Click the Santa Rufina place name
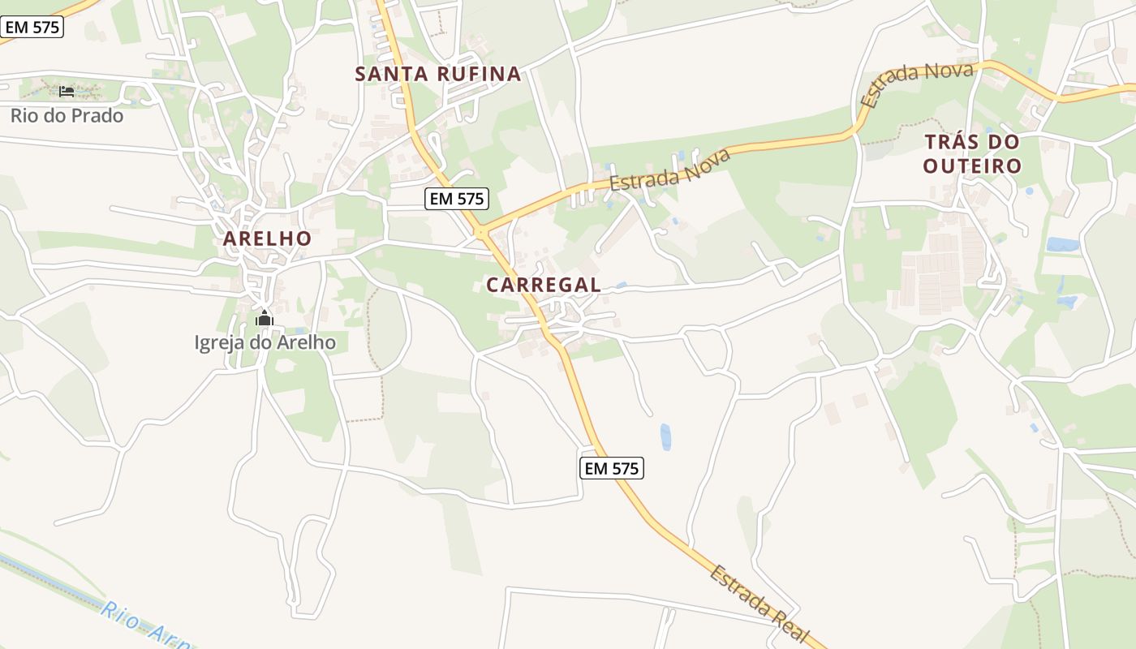437,74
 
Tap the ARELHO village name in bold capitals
267,239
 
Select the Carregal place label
544,285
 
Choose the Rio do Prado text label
67,115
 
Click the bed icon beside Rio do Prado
67,91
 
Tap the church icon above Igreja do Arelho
264,319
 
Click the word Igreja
219,342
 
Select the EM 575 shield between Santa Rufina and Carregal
457,199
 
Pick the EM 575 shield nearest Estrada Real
613,468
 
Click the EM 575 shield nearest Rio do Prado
32,27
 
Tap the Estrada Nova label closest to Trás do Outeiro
917,85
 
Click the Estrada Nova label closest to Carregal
669,170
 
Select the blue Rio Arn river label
146,625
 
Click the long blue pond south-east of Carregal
666,436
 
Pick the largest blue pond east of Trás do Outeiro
1061,244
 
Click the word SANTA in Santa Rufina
393,74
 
